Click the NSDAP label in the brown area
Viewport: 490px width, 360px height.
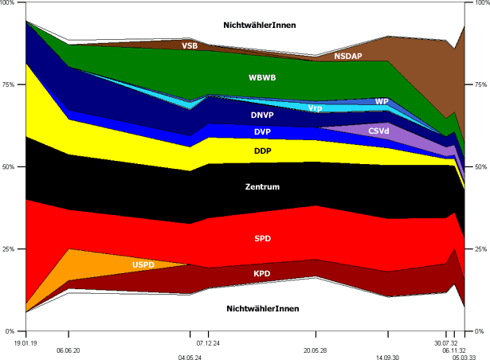point(348,57)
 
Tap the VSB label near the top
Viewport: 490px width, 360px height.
point(190,45)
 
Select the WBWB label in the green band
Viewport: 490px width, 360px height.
point(262,78)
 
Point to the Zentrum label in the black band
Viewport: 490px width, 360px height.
point(262,186)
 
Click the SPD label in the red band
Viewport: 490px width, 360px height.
point(262,238)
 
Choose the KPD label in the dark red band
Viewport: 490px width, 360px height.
point(262,272)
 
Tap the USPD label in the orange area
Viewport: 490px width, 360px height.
point(144,264)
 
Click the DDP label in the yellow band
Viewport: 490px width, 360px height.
point(262,151)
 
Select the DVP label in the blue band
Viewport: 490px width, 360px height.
point(262,131)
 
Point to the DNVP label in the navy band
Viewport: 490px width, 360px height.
point(262,115)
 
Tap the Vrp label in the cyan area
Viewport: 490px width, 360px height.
point(316,108)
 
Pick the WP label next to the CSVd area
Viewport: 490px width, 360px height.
point(382,102)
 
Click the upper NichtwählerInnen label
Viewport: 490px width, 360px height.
point(262,25)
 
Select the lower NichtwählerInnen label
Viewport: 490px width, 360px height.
point(262,308)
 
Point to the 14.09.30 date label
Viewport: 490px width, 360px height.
point(388,358)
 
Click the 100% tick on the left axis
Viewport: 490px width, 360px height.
point(13,4)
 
